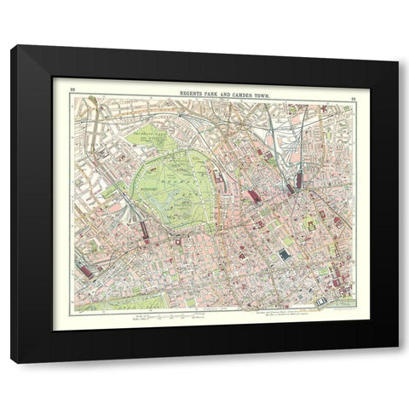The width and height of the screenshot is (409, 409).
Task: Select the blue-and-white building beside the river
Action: [321, 301]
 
